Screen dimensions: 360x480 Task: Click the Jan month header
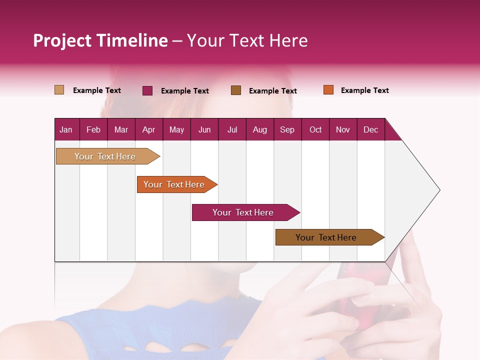point(66,129)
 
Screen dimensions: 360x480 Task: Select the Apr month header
point(148,129)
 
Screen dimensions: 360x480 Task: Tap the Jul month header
point(232,129)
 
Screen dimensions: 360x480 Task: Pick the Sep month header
point(287,129)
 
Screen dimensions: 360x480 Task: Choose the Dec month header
point(370,129)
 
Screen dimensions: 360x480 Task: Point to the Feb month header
point(93,129)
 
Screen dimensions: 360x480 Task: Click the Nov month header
point(342,129)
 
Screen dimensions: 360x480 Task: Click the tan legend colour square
point(59,90)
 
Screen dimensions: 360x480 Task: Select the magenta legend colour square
point(147,90)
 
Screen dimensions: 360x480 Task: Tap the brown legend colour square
point(236,90)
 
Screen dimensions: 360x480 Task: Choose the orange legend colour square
point(328,90)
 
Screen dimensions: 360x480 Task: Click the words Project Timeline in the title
point(100,40)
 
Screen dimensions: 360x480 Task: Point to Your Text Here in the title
point(247,40)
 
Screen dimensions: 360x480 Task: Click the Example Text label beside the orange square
point(364,90)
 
